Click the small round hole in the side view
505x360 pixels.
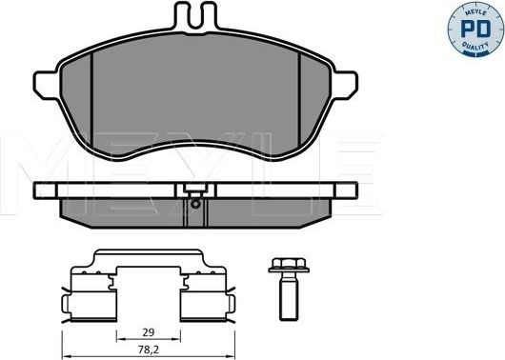tap(194, 202)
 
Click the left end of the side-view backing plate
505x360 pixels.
tap(35, 190)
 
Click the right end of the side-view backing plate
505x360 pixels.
tap(353, 190)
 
